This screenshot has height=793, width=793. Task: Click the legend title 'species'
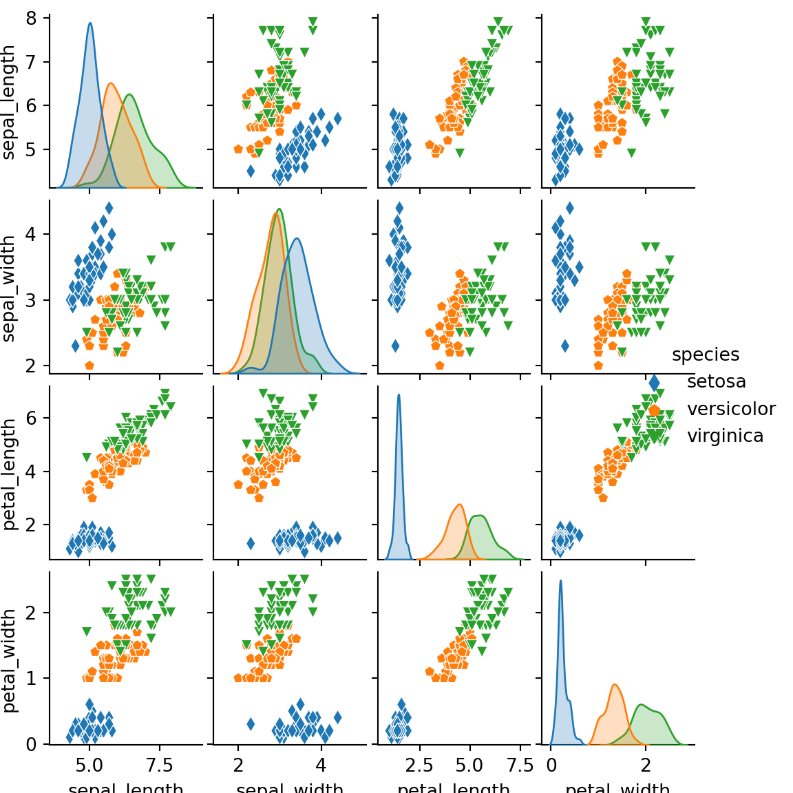point(705,355)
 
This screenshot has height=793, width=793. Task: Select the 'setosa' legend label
point(716,381)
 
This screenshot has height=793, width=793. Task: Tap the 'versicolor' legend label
point(731,409)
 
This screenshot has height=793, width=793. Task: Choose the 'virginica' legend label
point(725,436)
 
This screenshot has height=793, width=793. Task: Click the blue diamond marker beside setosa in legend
point(654,383)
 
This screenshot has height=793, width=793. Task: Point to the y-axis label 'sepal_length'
point(9,102)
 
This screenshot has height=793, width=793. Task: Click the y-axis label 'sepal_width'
point(9,288)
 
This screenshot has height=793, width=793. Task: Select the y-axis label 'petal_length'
point(9,474)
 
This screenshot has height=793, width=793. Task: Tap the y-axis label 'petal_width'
point(9,659)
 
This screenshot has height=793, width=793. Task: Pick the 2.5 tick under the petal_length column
point(420,765)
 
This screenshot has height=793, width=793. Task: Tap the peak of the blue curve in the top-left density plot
point(90,23)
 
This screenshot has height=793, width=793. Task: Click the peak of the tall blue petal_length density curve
point(399,395)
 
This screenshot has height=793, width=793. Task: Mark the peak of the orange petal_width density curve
point(614,685)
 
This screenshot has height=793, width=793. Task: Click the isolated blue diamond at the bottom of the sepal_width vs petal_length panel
point(395,346)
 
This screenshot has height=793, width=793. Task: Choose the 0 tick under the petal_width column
point(551,765)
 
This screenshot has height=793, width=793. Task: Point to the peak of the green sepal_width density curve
point(279,209)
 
